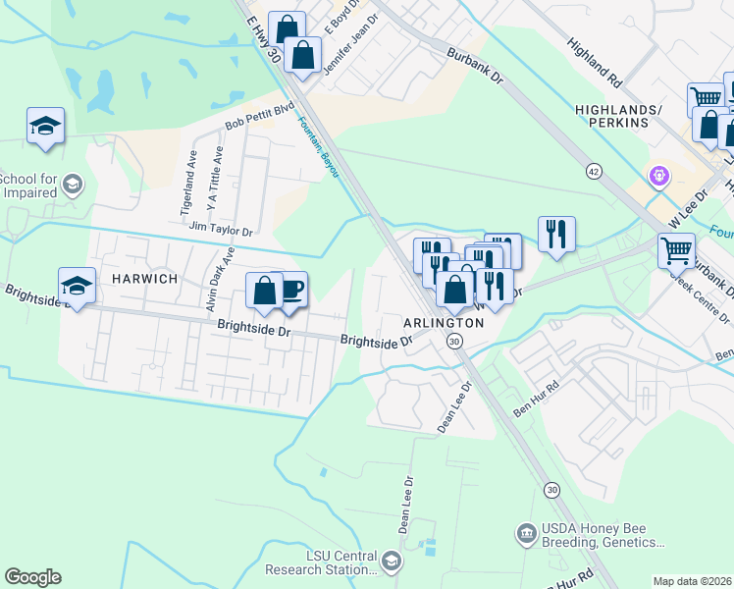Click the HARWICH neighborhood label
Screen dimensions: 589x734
[144, 279]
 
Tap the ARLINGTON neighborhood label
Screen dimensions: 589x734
[445, 322]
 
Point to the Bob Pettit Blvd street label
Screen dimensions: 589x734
[260, 117]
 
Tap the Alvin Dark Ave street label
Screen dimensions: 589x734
[219, 280]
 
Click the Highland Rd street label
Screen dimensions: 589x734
[594, 61]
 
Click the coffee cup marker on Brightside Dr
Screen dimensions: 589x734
[291, 289]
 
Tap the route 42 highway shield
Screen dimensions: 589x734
[595, 170]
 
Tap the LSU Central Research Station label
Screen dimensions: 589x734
[341, 562]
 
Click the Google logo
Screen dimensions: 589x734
[32, 577]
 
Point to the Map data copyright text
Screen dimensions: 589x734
[692, 581]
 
